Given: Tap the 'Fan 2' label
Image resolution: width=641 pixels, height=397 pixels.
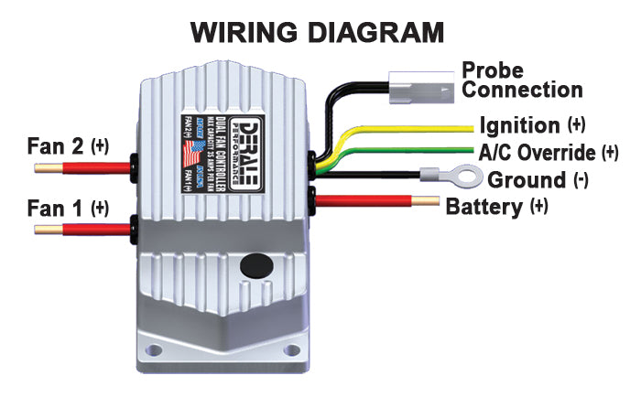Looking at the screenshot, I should click(x=57, y=145).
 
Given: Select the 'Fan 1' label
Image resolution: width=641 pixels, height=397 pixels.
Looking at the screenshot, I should click(x=57, y=207).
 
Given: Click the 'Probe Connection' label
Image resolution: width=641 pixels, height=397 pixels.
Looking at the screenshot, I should click(x=521, y=80).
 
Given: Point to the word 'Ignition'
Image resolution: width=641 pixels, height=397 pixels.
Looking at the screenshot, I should click(x=517, y=124).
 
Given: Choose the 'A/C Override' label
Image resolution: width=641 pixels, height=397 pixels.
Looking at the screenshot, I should click(x=537, y=151).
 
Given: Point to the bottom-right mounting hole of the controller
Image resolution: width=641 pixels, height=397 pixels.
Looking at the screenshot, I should click(x=291, y=349).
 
